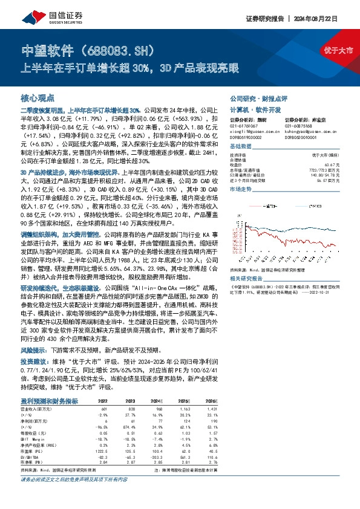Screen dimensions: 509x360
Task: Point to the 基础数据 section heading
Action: (x=241, y=148)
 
